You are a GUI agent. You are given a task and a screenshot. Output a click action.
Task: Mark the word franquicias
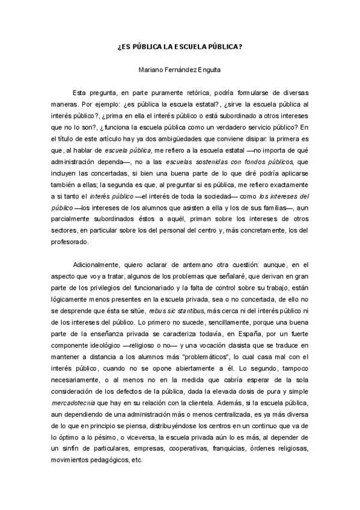[225, 447]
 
